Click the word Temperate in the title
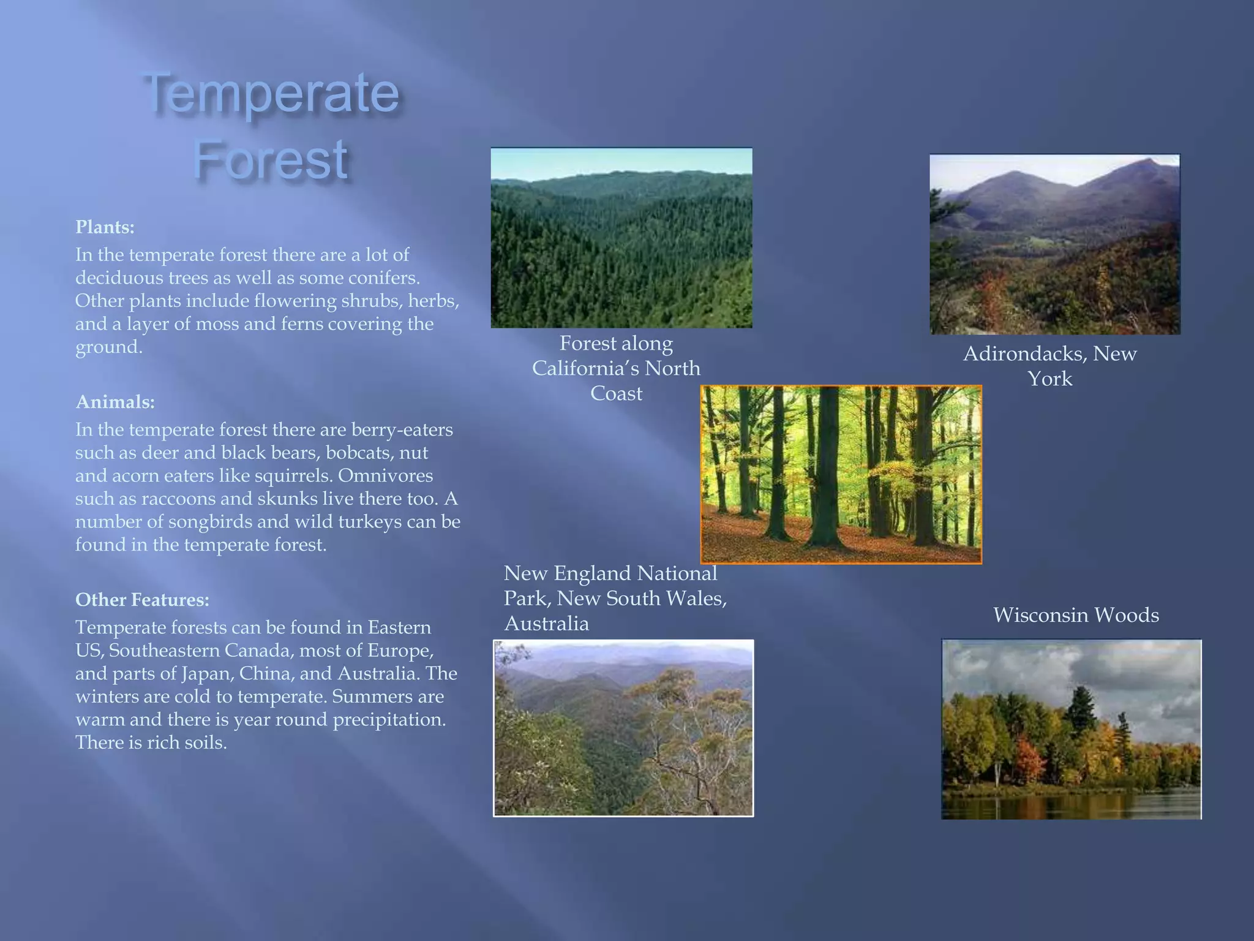coord(271,93)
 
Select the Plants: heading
coord(105,227)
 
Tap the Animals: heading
coord(115,402)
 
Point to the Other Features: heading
coord(142,599)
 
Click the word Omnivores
coord(385,475)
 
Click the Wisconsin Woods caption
coord(1076,615)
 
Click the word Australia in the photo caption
coord(546,624)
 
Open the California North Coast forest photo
coord(621,238)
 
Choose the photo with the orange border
coord(841,474)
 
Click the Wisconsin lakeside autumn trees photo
coord(1071,729)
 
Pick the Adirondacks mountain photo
coord(1054,244)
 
